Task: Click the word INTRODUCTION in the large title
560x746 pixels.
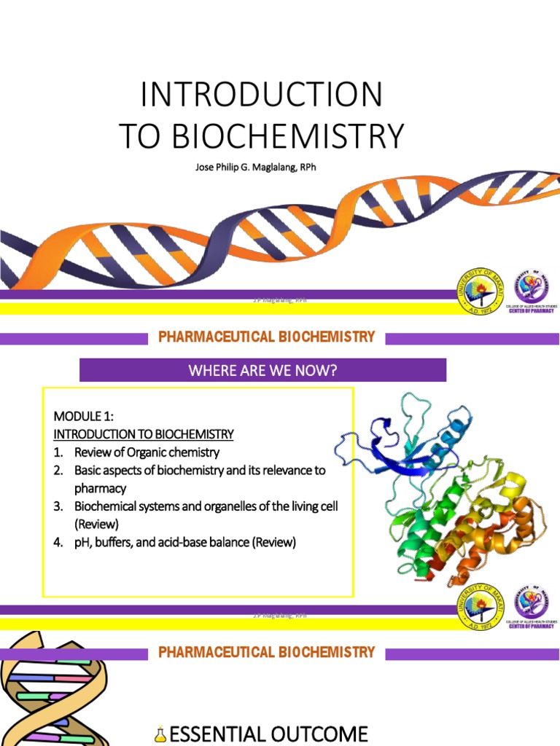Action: [x=261, y=95]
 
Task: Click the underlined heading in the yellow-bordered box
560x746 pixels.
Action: [x=144, y=434]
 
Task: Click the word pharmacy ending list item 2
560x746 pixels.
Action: [x=100, y=488]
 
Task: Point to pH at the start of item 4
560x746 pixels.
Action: [x=82, y=542]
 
